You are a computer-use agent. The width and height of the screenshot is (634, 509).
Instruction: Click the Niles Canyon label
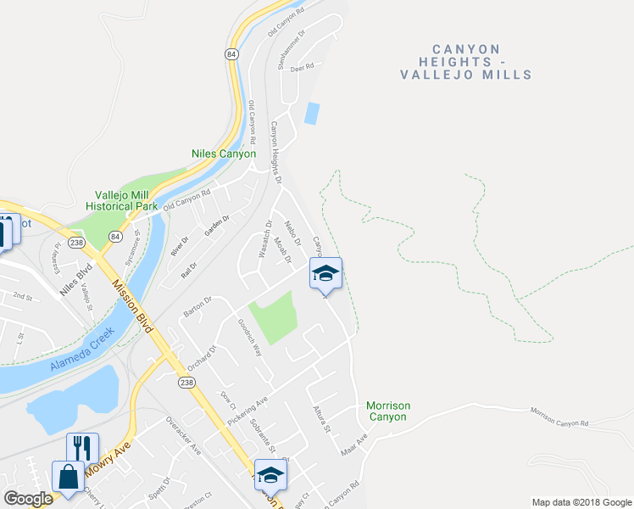pos(223,154)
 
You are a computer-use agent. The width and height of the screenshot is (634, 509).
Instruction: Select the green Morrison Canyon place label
pos(388,411)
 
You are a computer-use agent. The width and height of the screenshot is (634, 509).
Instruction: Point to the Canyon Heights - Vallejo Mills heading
pos(466,62)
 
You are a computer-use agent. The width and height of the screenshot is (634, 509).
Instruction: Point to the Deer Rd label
pos(303,65)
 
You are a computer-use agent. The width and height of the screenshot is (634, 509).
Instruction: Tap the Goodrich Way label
pos(252,337)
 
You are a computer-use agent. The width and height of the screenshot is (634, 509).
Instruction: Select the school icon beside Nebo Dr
pos(325,273)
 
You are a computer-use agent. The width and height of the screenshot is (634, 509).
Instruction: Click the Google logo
pos(28,499)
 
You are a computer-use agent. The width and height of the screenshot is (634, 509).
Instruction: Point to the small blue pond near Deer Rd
pos(312,113)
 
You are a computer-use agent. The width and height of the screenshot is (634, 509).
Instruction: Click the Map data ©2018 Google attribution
pos(581,501)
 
